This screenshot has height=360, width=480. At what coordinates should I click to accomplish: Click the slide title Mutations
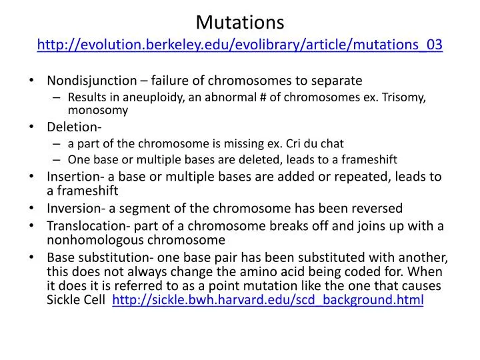tap(240, 21)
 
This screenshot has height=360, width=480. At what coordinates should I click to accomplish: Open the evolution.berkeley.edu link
tap(240, 45)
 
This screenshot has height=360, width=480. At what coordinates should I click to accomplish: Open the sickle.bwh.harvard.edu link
tap(268, 300)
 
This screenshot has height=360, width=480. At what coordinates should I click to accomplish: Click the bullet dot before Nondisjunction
tap(33, 81)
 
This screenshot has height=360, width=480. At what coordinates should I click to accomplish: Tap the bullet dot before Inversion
tap(33, 208)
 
